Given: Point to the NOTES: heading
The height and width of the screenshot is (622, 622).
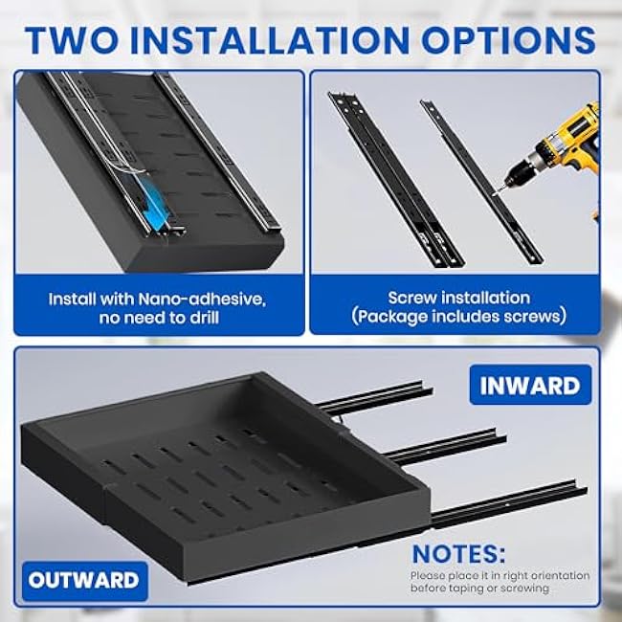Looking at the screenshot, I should (459, 554).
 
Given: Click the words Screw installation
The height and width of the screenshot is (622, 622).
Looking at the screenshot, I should (458, 298).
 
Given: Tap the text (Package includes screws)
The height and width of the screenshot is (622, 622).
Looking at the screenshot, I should (458, 317).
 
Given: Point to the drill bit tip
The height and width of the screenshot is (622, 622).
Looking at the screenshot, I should (498, 193).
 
